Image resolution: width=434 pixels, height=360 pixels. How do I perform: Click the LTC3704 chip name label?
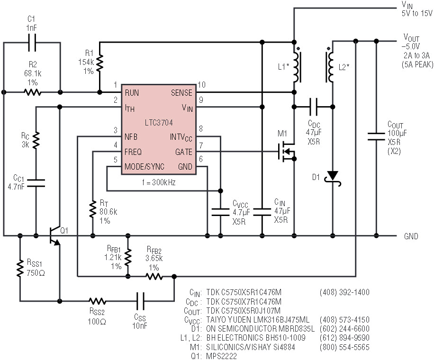tap(159, 123)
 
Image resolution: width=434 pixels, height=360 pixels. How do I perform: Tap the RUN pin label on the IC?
tap(132, 93)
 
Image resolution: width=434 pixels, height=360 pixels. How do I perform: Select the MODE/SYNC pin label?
tap(144, 167)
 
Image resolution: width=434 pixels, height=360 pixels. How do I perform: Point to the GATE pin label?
tap(183, 152)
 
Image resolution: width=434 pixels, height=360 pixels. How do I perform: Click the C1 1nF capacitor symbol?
tap(32, 43)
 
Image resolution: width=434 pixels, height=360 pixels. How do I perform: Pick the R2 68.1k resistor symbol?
tap(33, 92)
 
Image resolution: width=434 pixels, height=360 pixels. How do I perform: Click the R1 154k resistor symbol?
tap(99, 63)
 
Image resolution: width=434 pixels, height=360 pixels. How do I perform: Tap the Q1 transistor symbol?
tap(54, 235)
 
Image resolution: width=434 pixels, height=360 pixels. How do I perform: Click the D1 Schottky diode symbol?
tap(333, 177)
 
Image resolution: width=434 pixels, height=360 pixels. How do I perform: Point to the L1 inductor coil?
tap(297, 67)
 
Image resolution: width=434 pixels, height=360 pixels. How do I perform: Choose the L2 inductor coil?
tap(330, 67)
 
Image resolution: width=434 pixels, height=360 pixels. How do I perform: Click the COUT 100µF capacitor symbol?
tap(376, 136)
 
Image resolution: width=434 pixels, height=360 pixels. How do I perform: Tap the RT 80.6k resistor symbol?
tap(93, 210)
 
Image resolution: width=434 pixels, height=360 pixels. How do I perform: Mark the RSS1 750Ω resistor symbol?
tap(20, 268)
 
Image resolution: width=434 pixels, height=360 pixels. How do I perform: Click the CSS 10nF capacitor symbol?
tap(140, 301)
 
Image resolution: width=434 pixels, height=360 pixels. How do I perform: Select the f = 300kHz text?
tap(159, 182)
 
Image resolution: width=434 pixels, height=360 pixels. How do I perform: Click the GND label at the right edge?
tap(411, 236)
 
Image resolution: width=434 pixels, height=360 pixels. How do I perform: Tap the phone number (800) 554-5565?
tap(344, 347)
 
